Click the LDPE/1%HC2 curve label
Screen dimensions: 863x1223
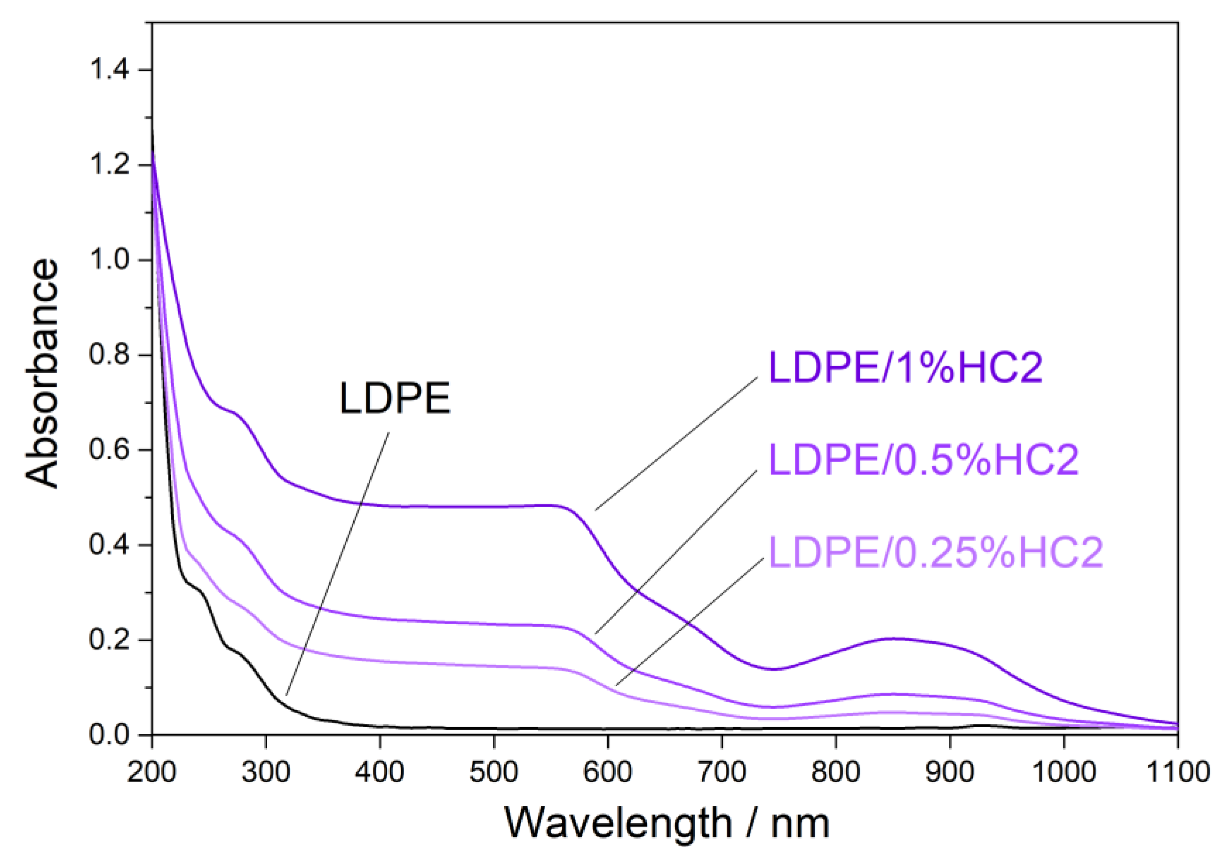tap(905, 368)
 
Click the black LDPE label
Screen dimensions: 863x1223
tap(395, 398)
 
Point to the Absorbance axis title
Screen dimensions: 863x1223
tap(41, 373)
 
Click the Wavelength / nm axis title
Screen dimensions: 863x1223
tap(667, 823)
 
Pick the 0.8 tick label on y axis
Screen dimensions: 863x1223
tap(109, 354)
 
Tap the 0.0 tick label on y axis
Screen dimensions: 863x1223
tap(109, 735)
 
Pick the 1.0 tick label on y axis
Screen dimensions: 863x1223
tap(109, 260)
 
